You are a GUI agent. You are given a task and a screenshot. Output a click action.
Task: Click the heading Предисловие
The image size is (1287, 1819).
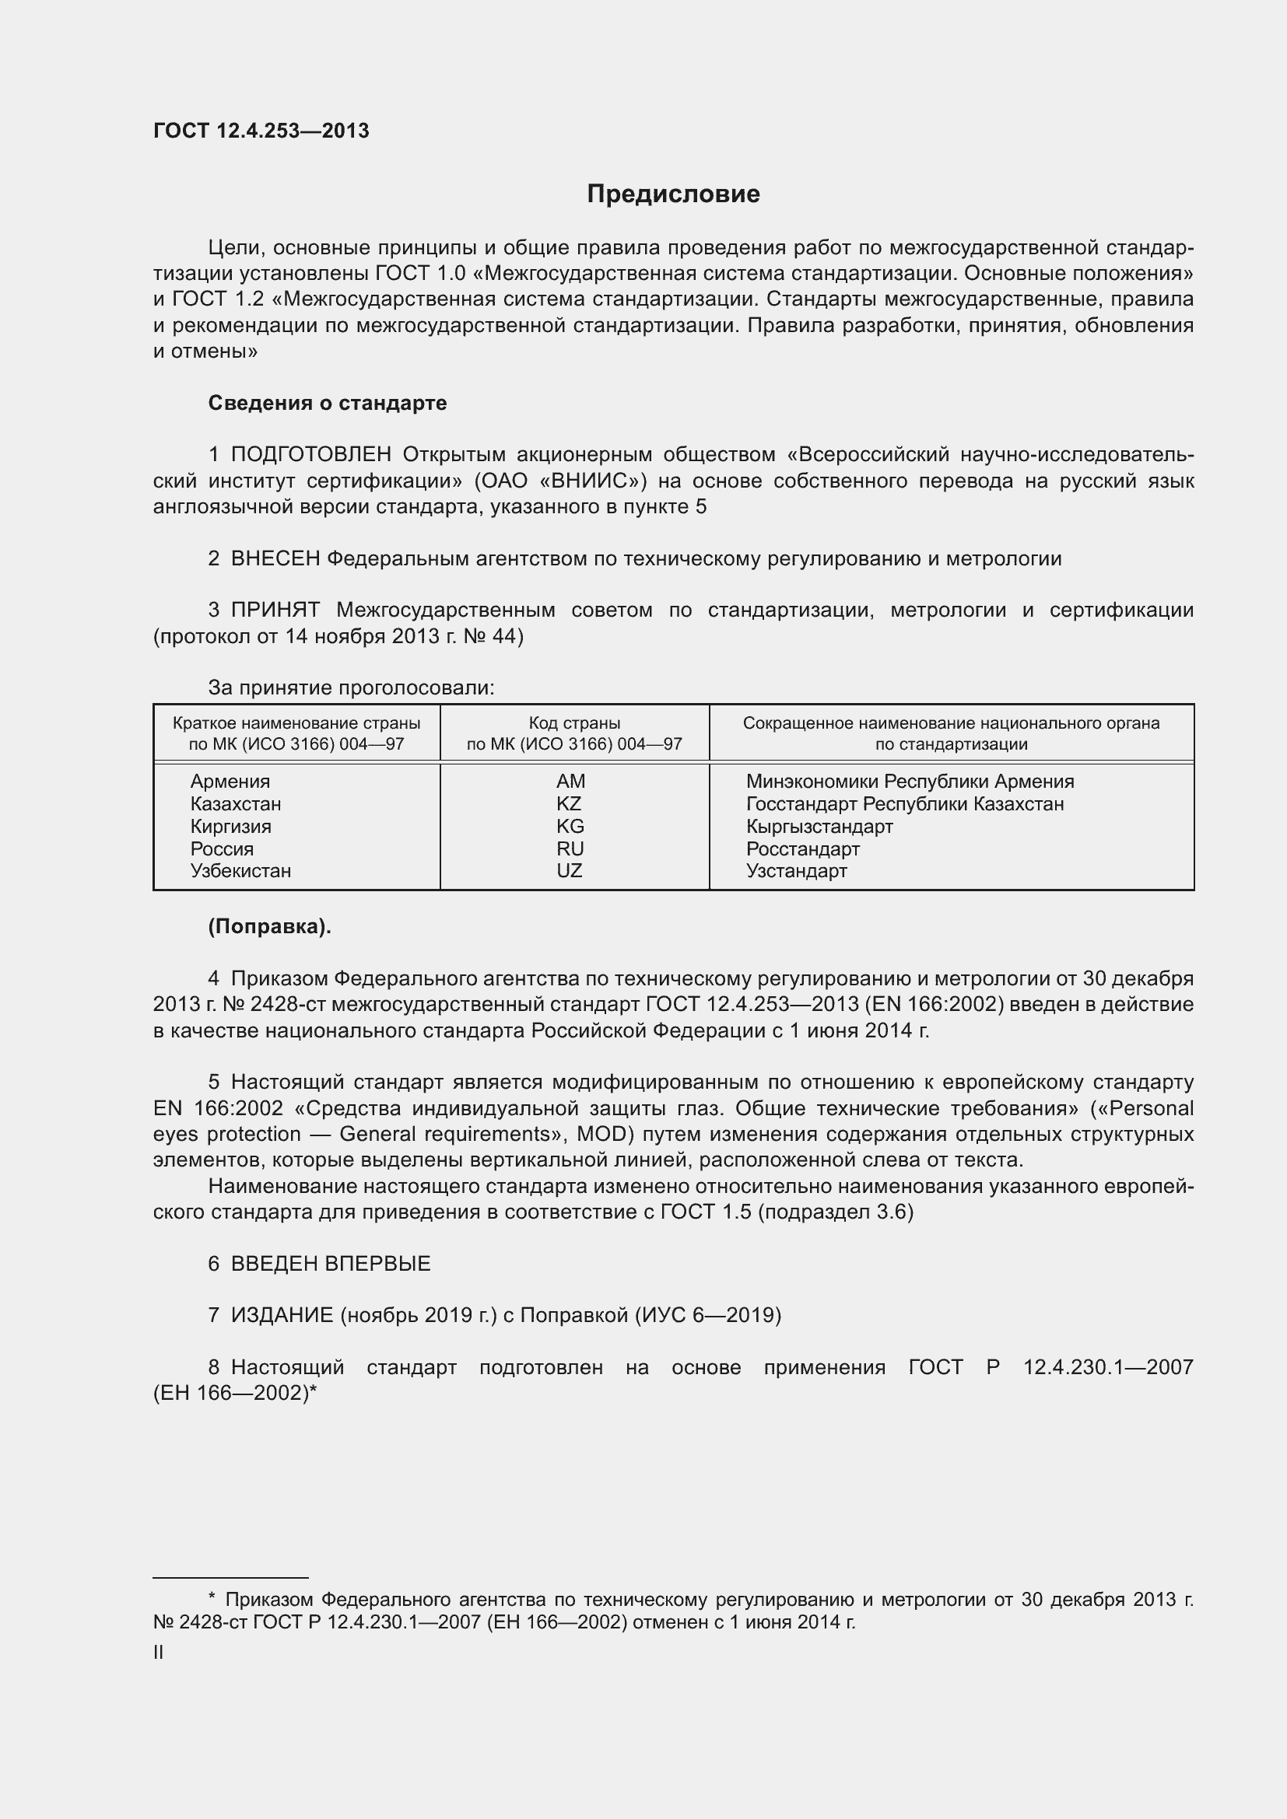click(x=673, y=194)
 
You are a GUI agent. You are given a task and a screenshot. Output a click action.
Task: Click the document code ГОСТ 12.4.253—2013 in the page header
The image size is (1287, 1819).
click(x=261, y=131)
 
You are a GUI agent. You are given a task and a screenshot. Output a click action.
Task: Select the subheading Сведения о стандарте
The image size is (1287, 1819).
click(x=328, y=404)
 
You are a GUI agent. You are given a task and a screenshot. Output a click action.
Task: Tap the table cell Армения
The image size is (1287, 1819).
click(x=230, y=781)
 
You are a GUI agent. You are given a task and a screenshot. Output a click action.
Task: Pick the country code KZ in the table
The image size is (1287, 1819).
click(x=569, y=803)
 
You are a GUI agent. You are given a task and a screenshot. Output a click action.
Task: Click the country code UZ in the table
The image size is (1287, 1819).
click(x=569, y=871)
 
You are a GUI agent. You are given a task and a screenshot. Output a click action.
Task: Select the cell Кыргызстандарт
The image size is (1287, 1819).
click(x=819, y=827)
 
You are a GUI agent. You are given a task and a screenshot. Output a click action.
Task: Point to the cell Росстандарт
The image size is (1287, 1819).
click(x=802, y=848)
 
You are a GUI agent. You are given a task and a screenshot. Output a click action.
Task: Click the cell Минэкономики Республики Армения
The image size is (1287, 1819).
click(x=910, y=781)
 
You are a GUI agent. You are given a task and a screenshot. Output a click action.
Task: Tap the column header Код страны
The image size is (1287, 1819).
click(x=574, y=723)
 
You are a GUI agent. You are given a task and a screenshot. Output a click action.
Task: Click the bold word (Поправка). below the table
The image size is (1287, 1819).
click(x=269, y=927)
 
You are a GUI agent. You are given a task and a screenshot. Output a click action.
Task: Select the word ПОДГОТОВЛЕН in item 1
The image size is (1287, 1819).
click(x=310, y=455)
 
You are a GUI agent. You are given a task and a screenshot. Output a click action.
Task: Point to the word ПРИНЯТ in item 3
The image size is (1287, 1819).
click(x=275, y=610)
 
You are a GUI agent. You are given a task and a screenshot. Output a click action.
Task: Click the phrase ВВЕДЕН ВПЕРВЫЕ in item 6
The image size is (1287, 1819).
click(x=331, y=1264)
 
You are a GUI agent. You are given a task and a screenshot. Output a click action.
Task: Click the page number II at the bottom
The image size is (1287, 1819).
click(x=159, y=1653)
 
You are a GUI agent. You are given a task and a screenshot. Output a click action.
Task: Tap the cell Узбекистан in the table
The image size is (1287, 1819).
click(x=240, y=871)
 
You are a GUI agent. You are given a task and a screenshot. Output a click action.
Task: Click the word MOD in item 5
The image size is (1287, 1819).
click(x=602, y=1135)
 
